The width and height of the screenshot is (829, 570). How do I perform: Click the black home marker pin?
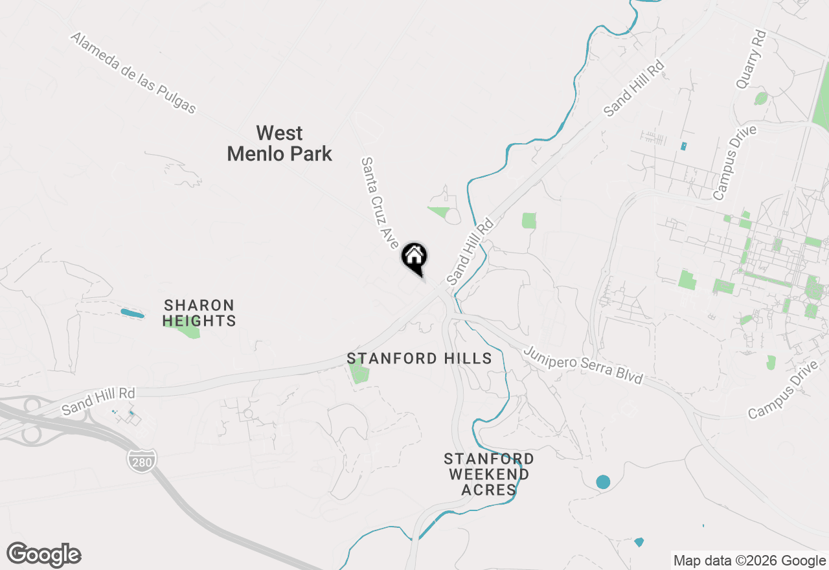(x=414, y=258)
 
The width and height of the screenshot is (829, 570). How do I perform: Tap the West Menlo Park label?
(x=280, y=143)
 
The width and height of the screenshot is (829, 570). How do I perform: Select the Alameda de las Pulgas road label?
(x=133, y=73)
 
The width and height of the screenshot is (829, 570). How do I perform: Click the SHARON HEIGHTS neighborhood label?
(x=199, y=313)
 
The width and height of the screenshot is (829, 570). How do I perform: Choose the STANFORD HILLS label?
(x=419, y=358)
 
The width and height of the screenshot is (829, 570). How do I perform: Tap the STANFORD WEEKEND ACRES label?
(x=489, y=474)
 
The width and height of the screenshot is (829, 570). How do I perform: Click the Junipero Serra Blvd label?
(x=583, y=365)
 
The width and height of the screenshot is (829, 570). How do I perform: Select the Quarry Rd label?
(x=751, y=59)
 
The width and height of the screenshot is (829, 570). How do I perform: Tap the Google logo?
(x=44, y=554)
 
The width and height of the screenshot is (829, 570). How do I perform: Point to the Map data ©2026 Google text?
(x=749, y=561)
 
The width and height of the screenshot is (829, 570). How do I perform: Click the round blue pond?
(x=603, y=482)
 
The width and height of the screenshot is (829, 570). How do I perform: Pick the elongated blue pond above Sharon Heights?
(x=132, y=313)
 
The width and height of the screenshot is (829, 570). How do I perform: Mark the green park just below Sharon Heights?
(x=189, y=330)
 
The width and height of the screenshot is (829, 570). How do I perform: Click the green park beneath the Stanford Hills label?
(x=358, y=373)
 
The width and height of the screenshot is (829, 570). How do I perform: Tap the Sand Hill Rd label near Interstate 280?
(x=98, y=402)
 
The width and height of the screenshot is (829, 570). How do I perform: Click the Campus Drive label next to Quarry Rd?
(x=734, y=163)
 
